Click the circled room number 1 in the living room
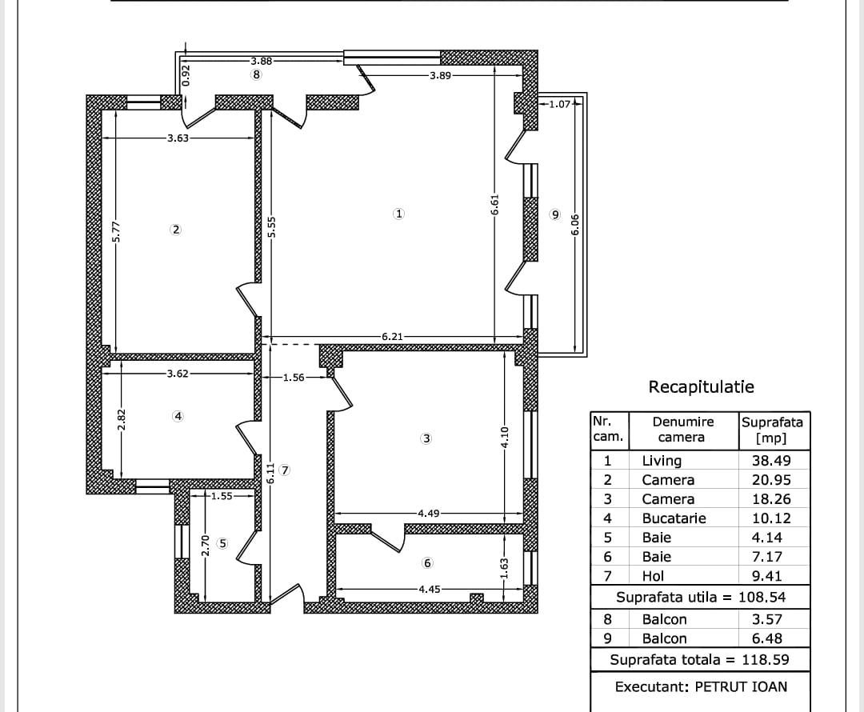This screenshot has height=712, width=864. click(398, 214)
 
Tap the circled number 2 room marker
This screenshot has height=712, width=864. click(176, 230)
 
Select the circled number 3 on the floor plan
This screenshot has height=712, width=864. click(426, 438)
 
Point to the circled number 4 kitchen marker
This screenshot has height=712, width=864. click(178, 416)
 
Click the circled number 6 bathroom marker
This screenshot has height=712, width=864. click(427, 563)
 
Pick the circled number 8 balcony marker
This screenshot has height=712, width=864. click(256, 75)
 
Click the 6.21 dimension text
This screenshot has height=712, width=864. click(392, 337)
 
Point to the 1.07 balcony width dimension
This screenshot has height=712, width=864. click(560, 103)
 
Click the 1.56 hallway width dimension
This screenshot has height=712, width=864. click(294, 378)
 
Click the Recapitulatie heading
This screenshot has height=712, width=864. click(701, 387)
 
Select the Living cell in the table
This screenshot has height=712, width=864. click(662, 461)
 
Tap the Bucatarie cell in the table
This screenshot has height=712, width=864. click(674, 518)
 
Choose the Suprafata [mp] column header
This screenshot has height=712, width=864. click(772, 430)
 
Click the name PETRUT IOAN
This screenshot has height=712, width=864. click(741, 686)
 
